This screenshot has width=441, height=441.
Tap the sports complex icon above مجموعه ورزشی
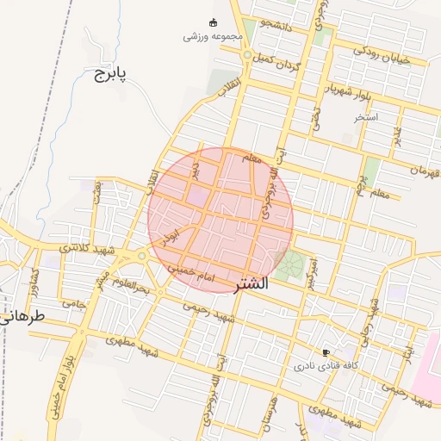click(214, 22)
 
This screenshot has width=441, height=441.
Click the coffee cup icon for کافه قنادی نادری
click(326, 352)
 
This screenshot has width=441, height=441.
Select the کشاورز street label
click(36, 279)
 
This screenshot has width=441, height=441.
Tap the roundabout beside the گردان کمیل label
click(247, 56)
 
